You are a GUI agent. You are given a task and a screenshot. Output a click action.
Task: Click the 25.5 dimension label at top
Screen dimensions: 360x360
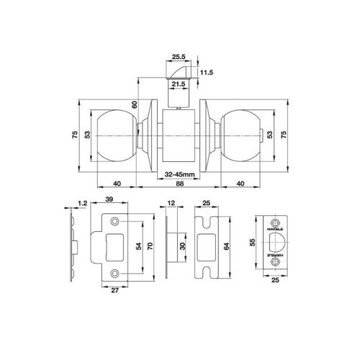point(179,57)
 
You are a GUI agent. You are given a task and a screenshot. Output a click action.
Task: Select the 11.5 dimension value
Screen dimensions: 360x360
point(207,72)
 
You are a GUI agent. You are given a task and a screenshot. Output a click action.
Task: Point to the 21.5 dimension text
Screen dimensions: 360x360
point(179,84)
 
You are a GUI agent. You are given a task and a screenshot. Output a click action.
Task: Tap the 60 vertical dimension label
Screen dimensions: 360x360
point(135,104)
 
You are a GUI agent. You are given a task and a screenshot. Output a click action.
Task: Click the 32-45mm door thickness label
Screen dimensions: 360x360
point(179,174)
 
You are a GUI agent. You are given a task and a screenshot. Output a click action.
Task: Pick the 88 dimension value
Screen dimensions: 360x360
point(179,184)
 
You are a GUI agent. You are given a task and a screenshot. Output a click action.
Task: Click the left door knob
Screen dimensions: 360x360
point(116,136)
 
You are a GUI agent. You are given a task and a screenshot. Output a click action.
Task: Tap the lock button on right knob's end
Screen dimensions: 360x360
point(261,136)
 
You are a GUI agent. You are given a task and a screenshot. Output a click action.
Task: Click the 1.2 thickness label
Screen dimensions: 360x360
point(82,203)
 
